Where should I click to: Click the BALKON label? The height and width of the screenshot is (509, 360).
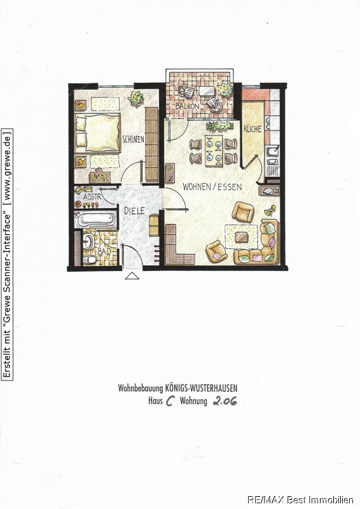(187, 106)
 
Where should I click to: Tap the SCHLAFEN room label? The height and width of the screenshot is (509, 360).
(133, 139)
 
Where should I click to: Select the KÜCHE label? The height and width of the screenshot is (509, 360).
(253, 129)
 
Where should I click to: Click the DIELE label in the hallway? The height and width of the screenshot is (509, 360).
(134, 211)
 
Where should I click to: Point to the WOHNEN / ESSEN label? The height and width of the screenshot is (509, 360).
(212, 187)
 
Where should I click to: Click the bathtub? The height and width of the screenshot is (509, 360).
(95, 219)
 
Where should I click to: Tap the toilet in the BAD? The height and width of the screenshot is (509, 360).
(90, 260)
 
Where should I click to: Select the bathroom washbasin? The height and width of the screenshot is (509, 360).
(88, 241)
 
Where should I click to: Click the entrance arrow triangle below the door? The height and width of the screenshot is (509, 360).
(132, 276)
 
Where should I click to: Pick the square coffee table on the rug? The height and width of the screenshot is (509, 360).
(241, 237)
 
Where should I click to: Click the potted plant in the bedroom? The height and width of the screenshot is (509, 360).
(135, 97)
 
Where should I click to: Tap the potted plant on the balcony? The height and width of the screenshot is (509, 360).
(225, 89)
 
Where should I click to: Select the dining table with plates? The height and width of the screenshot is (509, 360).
(214, 150)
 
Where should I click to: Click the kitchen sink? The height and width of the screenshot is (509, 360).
(273, 151)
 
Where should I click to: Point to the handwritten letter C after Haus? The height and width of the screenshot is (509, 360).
(170, 401)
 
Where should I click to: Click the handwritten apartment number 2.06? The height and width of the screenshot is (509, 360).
(225, 401)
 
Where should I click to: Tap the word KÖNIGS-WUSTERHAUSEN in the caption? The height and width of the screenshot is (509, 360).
(201, 388)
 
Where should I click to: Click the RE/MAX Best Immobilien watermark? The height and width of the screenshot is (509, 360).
(300, 500)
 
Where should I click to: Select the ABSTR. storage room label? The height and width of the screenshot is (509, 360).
(93, 197)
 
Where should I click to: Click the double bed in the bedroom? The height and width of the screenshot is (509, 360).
(97, 132)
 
